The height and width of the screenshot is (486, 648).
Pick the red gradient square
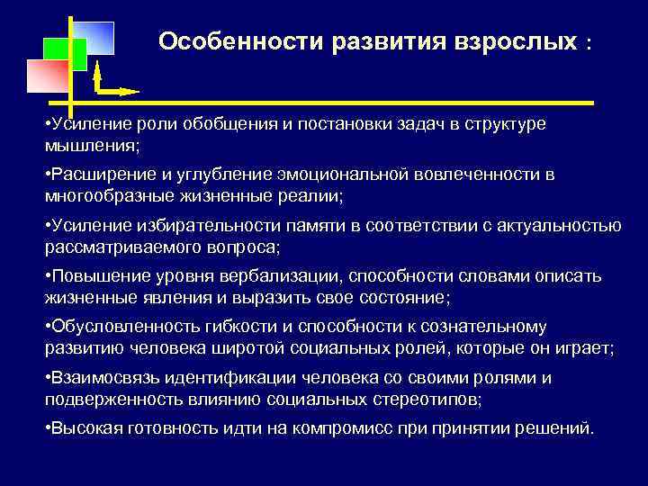[48, 77]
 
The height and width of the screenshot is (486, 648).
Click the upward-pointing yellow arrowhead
[96, 71]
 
